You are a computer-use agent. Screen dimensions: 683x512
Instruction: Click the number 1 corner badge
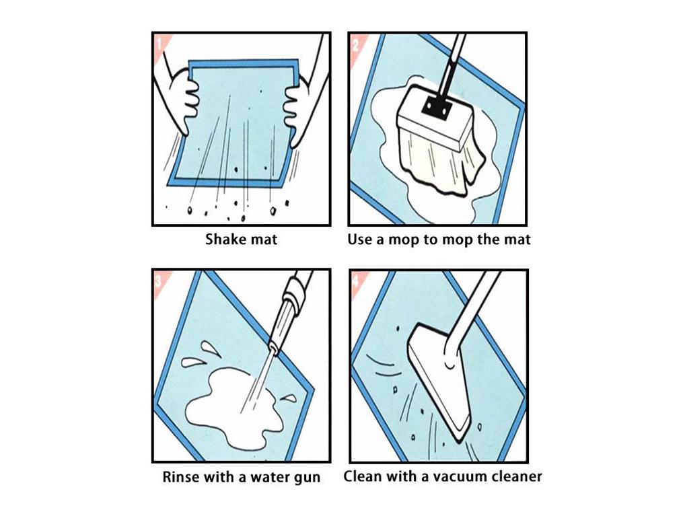point(160,44)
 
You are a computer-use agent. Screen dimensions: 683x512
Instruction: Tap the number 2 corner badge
point(356,44)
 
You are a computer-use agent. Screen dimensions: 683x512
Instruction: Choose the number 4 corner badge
point(357,281)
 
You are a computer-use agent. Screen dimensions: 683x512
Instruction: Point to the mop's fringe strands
point(440,166)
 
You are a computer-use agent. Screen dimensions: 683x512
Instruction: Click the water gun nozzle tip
point(273,349)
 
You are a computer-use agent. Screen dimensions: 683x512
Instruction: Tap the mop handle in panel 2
point(451,65)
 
